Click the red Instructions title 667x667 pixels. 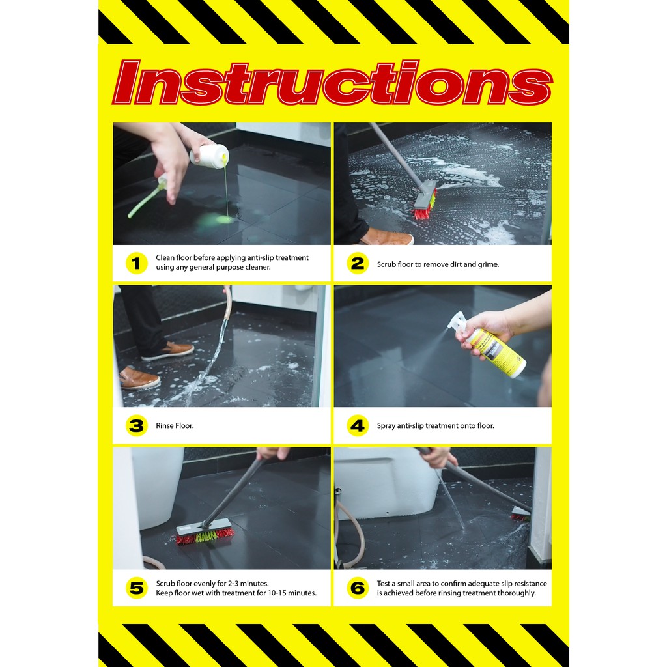[x=332, y=83]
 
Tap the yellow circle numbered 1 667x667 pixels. [x=137, y=263]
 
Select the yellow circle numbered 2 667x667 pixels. [x=358, y=263]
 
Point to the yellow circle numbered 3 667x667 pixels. [x=137, y=425]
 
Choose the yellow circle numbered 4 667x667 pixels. [x=358, y=425]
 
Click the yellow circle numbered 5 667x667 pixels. [x=137, y=588]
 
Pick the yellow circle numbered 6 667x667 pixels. [x=358, y=588]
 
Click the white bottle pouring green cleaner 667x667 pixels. [x=209, y=156]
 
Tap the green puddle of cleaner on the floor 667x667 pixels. [x=215, y=221]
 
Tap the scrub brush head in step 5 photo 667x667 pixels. [x=205, y=532]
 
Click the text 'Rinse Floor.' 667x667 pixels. [x=175, y=425]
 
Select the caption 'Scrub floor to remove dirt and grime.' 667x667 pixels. [x=438, y=264]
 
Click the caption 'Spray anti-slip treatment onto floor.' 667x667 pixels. [x=436, y=425]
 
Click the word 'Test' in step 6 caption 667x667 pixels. [x=383, y=583]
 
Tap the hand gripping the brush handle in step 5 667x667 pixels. [x=273, y=453]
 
